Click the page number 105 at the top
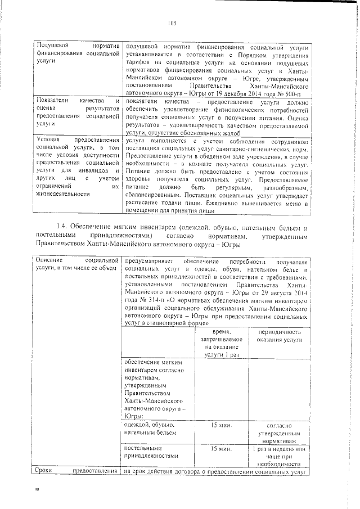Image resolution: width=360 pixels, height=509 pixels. [172, 23]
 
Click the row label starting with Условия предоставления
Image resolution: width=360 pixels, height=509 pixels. [76, 166]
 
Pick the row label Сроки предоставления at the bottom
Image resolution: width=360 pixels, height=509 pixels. [76, 471]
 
